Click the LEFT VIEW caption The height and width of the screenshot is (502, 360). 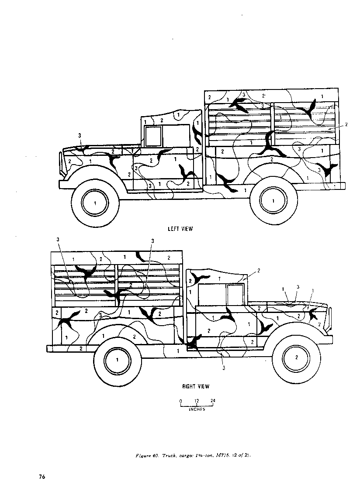[180, 229]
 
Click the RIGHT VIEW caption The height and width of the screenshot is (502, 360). [195, 386]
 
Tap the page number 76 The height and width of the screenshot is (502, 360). [42, 476]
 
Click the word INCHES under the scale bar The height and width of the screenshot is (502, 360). [197, 409]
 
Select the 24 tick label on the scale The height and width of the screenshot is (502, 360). [213, 401]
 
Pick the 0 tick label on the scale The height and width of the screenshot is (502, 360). [180, 401]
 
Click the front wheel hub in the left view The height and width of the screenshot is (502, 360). [95, 203]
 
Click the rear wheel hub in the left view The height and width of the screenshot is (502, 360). [273, 201]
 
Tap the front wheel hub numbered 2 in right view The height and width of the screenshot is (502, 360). [297, 358]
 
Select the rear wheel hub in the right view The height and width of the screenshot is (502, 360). [118, 359]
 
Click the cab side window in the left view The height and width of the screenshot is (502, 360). [153, 135]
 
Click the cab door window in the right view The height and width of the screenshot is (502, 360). [235, 295]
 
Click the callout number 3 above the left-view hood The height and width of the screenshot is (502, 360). [80, 136]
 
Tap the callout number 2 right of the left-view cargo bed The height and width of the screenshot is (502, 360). [346, 124]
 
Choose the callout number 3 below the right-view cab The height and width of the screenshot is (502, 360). [223, 368]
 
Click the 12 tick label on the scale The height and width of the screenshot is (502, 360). [197, 401]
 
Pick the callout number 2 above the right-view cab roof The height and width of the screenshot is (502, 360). [259, 271]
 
